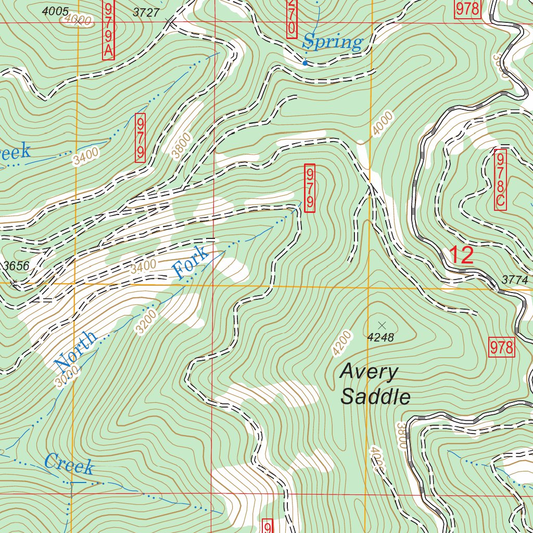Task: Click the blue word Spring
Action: tap(333, 42)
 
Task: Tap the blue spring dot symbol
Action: tap(305, 63)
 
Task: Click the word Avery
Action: tap(369, 372)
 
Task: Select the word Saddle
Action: tap(375, 397)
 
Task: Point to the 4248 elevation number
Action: tap(380, 338)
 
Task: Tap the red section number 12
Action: tap(461, 256)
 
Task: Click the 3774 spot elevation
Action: tap(515, 281)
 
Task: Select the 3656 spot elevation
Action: tap(16, 266)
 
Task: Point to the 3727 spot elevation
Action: tap(146, 13)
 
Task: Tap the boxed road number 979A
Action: tap(108, 30)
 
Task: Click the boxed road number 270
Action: tap(291, 19)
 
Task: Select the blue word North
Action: tap(76, 349)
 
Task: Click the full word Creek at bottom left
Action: tap(69, 464)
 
